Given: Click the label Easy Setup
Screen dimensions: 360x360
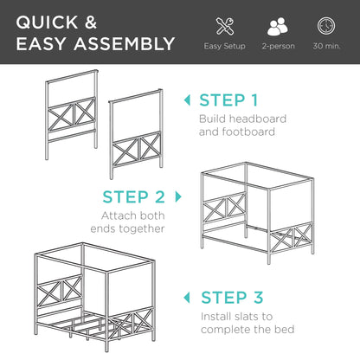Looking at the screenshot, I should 224,45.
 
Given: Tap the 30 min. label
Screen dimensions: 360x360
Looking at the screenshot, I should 327,45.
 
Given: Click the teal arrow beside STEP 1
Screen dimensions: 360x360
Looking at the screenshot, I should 188,100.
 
